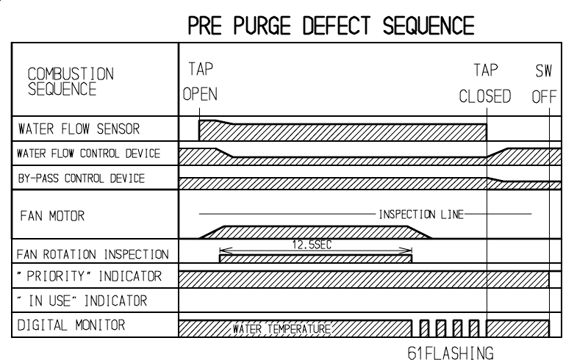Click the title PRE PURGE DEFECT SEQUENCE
point(331,26)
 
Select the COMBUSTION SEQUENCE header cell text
point(71,82)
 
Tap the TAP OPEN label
point(200,83)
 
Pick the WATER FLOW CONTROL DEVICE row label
point(89,154)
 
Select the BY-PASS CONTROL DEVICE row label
point(81,179)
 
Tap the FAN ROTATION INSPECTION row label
point(93,255)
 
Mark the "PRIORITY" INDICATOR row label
point(89,278)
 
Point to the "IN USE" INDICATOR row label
point(82,301)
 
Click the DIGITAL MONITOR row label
point(71,325)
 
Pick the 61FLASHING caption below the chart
point(451,350)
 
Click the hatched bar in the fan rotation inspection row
point(316,258)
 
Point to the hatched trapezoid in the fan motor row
point(316,231)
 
